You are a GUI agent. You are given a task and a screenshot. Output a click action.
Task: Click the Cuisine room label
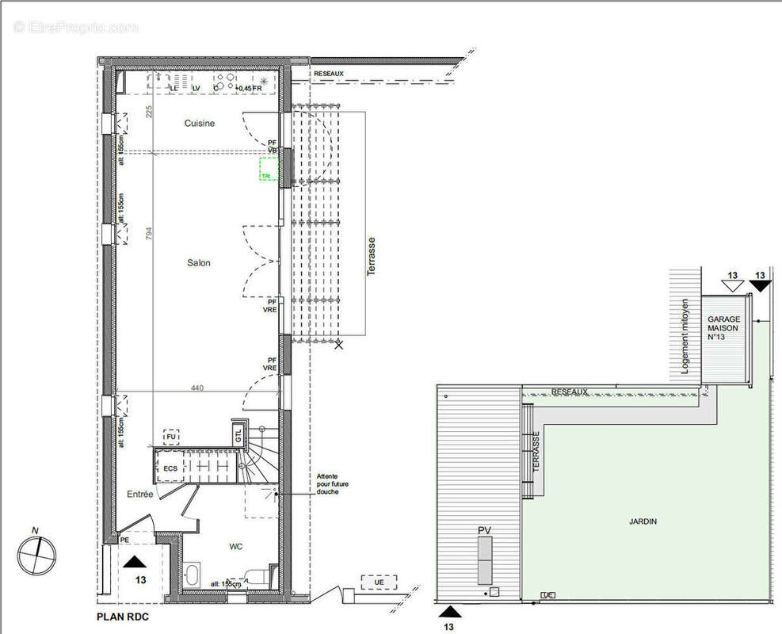click(200, 124)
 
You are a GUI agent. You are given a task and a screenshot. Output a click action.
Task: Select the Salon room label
click(199, 263)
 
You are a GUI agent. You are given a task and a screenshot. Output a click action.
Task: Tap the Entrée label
click(139, 494)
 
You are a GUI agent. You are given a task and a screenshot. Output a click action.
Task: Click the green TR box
click(267, 170)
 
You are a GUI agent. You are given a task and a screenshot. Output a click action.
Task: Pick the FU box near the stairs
click(170, 436)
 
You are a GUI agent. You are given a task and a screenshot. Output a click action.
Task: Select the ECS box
click(170, 468)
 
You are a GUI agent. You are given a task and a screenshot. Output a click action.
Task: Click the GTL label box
click(238, 434)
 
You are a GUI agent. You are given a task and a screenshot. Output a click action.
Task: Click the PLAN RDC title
click(122, 616)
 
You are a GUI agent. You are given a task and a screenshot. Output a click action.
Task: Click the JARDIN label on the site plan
click(643, 521)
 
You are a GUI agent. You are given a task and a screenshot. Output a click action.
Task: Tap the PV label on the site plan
click(484, 529)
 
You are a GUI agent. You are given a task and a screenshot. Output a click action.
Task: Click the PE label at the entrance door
click(124, 540)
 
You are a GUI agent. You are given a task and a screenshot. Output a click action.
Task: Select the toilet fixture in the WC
click(256, 576)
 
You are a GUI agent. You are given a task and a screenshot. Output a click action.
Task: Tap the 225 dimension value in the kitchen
click(148, 112)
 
